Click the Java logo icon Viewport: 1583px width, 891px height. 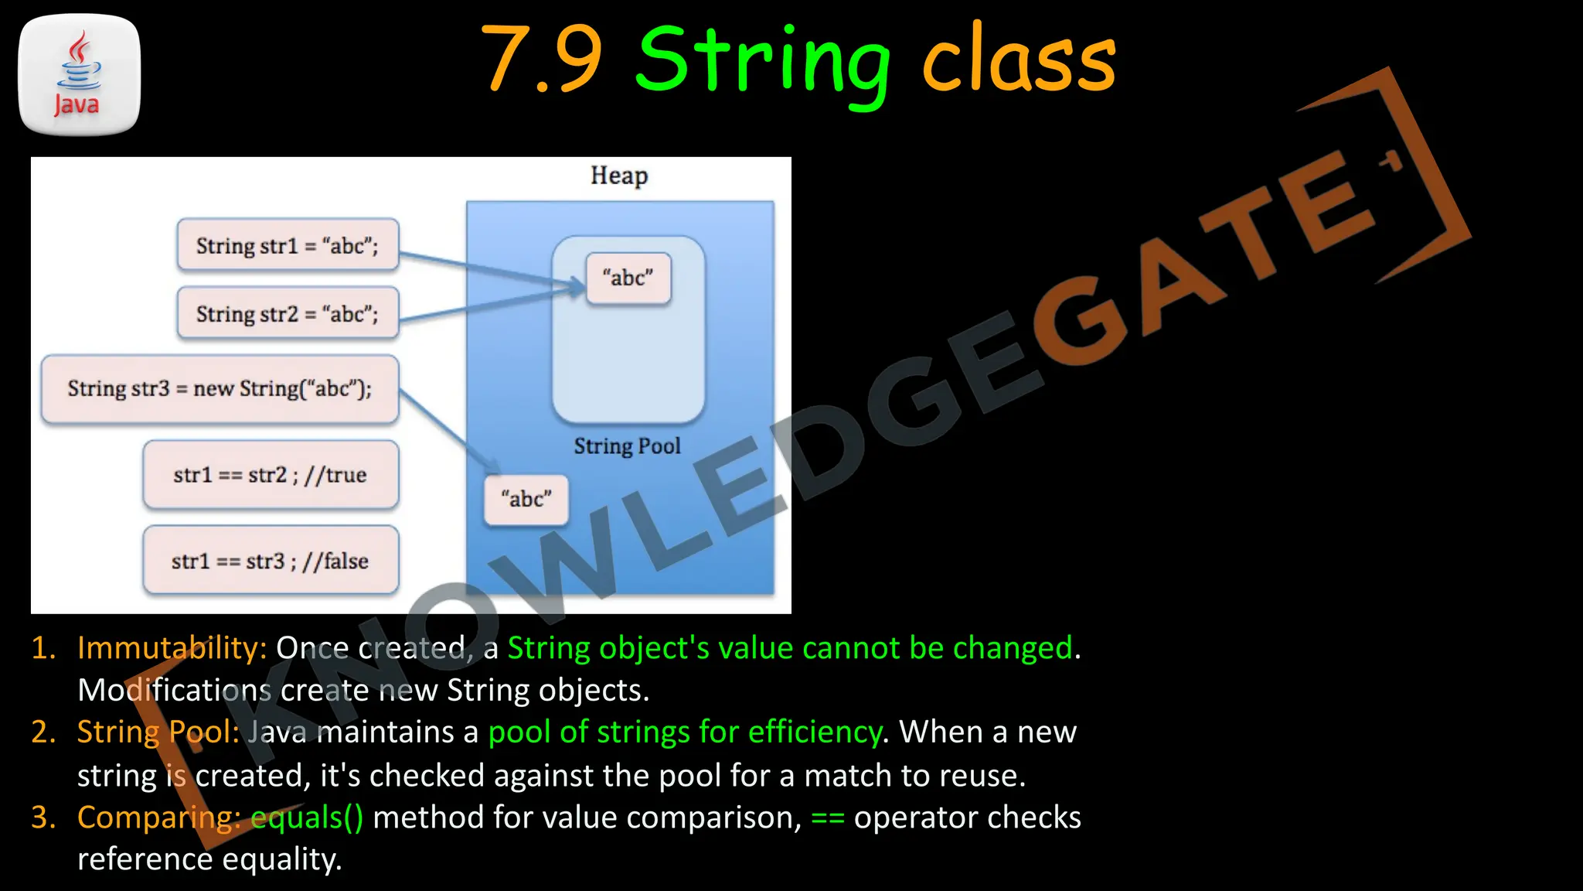[79, 75]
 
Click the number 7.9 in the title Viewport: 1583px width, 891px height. [541, 59]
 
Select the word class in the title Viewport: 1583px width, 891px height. [1019, 60]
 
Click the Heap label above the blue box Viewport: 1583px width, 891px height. [619, 176]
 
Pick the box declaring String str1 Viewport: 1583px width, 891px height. [288, 245]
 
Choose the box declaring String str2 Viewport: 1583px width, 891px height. [288, 313]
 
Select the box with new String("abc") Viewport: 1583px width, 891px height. [220, 388]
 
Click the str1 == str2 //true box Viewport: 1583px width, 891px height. [271, 475]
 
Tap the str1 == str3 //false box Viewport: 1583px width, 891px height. [271, 561]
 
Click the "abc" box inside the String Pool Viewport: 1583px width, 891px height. [628, 278]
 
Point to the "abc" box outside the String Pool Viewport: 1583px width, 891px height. [526, 499]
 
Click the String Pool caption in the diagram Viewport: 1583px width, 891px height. [627, 446]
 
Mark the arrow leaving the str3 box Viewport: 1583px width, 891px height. [448, 431]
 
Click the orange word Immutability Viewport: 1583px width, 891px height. [172, 648]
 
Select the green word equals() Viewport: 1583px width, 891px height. [307, 818]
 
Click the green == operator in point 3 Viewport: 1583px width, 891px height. [827, 818]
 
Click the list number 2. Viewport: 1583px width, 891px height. [43, 732]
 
